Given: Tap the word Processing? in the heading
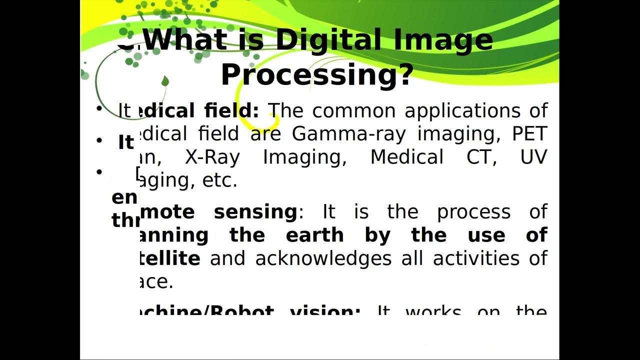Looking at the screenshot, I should coord(317,75).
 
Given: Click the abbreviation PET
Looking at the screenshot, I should coord(530,134).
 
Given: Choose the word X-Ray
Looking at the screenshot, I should coord(212,157).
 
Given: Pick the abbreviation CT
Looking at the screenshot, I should coord(477,157).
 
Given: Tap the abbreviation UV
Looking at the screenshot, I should coord(534,157).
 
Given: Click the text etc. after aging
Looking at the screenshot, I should coord(219,180).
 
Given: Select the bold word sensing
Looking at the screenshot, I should coord(255,212).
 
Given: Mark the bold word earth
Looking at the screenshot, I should coord(315,235).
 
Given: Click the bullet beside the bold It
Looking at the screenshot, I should coord(99,140).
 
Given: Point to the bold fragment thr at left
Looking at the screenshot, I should coord(124,220).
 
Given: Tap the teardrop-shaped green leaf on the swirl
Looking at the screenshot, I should coord(165,81).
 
